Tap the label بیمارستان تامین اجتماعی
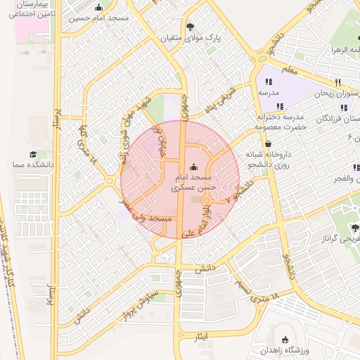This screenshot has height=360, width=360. pyautogui.click(x=27, y=8)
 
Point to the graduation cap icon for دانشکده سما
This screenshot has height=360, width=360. pyautogui.click(x=32, y=154)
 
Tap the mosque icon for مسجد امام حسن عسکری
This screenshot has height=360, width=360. pyautogui.click(x=195, y=167)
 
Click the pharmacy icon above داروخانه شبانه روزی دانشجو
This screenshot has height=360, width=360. pyautogui.click(x=269, y=144)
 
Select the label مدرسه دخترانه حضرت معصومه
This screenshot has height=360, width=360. pyautogui.click(x=279, y=121)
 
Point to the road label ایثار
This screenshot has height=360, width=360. pyautogui.click(x=202, y=338)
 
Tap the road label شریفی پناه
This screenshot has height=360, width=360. pyautogui.click(x=220, y=101)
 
